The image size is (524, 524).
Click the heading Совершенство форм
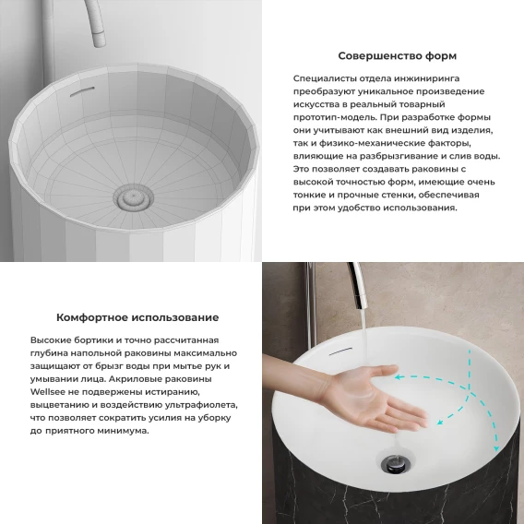tap(397, 55)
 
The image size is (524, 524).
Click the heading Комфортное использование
tap(137, 317)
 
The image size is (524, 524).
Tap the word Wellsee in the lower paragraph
tap(45, 392)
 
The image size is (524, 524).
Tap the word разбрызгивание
tap(387, 157)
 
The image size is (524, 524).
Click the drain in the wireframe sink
tap(133, 196)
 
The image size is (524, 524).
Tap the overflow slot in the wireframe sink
tap(82, 91)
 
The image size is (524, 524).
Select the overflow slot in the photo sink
tap(340, 351)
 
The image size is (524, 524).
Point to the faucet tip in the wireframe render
tap(99, 40)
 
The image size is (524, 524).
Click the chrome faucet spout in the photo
tap(358, 287)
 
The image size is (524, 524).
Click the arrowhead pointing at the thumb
tap(399, 377)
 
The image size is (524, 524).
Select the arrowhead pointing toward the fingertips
tap(440, 423)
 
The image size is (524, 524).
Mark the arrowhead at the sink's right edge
tap(496, 447)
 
